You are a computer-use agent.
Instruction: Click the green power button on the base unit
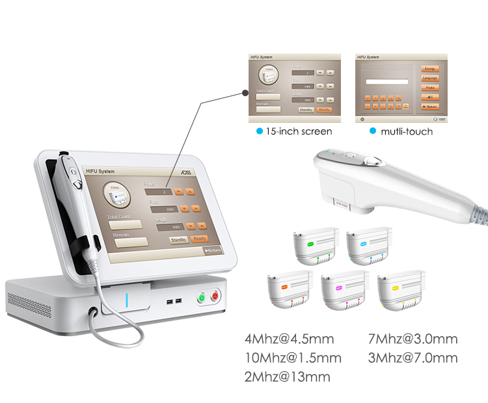point(202,298)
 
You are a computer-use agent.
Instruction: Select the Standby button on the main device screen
point(178,239)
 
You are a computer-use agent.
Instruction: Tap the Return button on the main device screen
point(211,250)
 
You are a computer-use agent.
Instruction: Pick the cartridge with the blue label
point(370,247)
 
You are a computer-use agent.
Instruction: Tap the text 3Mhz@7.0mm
point(413,358)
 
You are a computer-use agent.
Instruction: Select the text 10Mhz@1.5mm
point(293,358)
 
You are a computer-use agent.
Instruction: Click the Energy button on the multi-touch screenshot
point(430,68)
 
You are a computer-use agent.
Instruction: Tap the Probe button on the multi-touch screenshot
point(430,87)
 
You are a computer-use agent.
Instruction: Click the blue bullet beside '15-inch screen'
point(259,131)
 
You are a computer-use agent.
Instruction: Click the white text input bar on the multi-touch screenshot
point(388,82)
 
